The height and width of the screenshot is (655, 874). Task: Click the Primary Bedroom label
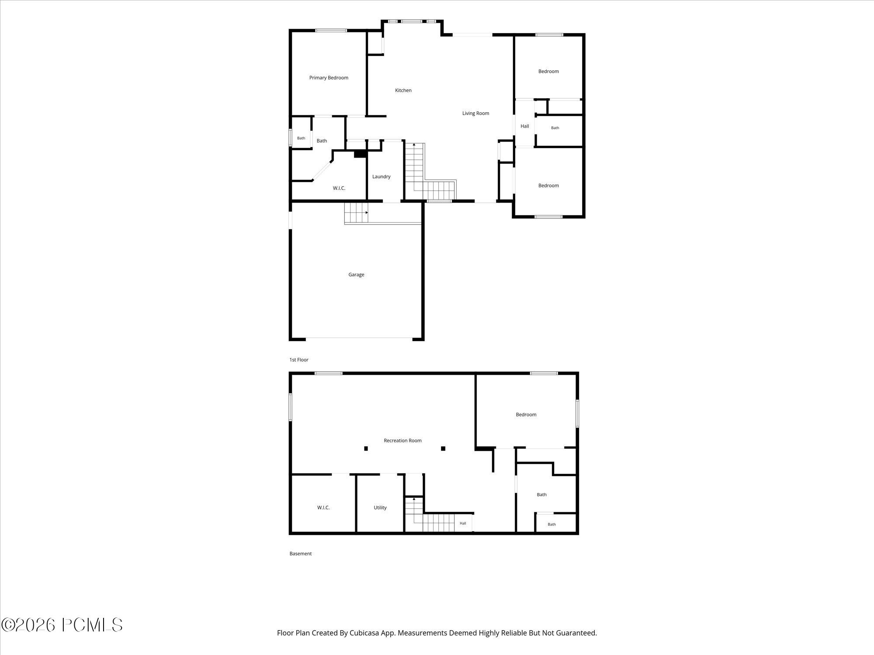pos(329,78)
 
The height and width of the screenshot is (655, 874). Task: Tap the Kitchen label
pos(403,90)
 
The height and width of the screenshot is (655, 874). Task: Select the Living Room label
pos(475,113)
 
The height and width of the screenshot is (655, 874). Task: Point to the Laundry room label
pos(382,176)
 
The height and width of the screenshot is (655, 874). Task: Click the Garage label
pos(356,275)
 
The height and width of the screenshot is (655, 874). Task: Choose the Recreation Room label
pos(402,441)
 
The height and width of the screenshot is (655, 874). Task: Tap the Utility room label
pos(380,507)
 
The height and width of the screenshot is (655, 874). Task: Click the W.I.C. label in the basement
pos(323,507)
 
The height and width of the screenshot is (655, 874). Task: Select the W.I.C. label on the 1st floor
pos(339,188)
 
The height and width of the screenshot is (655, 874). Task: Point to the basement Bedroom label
pos(526,414)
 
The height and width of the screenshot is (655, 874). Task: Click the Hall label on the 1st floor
pos(525,126)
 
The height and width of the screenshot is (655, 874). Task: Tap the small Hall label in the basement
pos(463,523)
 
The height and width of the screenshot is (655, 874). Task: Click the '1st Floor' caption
pos(299,360)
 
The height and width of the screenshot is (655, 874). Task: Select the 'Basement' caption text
pos(301,554)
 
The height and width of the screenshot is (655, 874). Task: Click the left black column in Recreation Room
pos(366,448)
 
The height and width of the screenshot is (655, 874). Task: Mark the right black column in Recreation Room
pos(443,448)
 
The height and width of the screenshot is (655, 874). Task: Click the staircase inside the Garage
pos(356,213)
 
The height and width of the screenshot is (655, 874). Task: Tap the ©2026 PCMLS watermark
pos(62,625)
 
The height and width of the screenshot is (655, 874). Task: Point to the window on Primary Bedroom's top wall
pos(331,31)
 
